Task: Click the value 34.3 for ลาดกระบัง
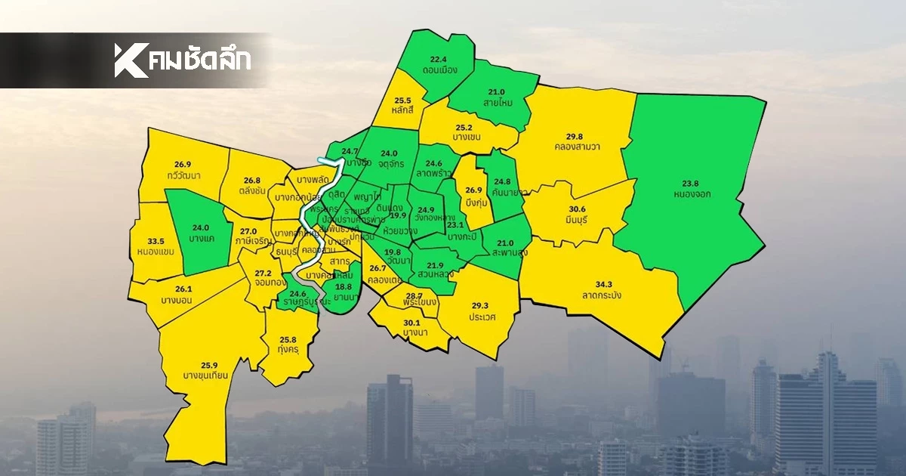(x=603, y=284)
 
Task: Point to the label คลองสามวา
(x=577, y=147)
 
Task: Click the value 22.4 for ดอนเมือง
(x=439, y=59)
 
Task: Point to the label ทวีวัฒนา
(x=181, y=175)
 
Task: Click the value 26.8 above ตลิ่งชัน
(x=252, y=181)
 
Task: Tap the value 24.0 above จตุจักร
(x=389, y=151)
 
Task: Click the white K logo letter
(x=131, y=60)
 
